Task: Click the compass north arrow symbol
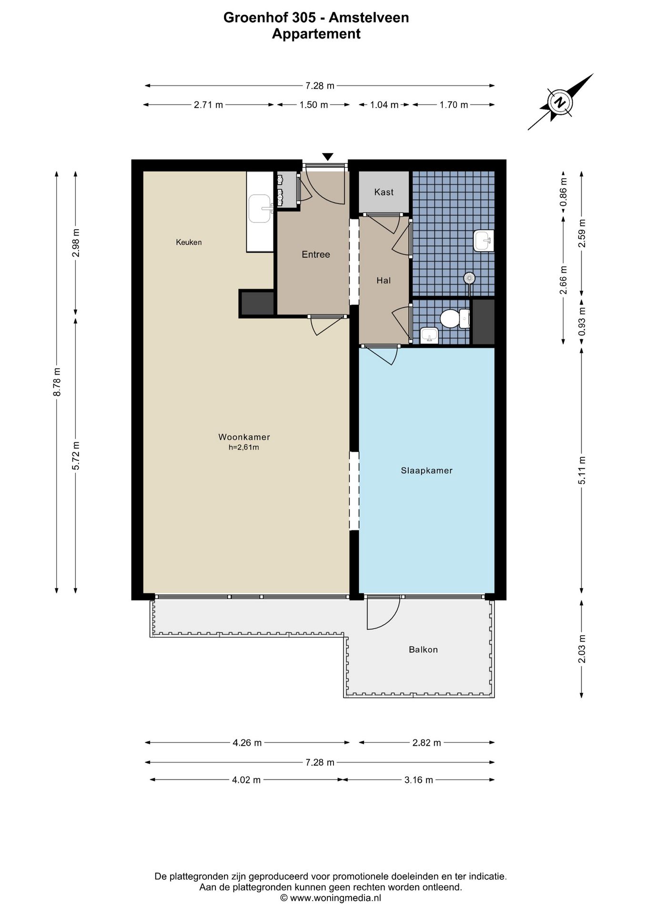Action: [x=561, y=102]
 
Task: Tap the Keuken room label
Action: [x=189, y=242]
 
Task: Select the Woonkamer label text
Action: [x=244, y=437]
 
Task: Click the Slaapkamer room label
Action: [x=426, y=471]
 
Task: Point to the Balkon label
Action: [x=423, y=650]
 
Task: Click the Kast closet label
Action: [x=384, y=192]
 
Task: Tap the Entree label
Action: [x=315, y=254]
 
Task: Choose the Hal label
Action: [x=384, y=281]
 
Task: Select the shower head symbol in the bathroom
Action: [x=469, y=278]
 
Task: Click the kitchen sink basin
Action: [x=260, y=209]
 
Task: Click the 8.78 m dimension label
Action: [x=57, y=381]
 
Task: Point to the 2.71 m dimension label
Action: [x=208, y=105]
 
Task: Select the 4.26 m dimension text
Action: [x=247, y=742]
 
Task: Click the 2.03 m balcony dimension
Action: [x=581, y=649]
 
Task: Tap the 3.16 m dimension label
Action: [x=418, y=780]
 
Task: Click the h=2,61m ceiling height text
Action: [x=243, y=447]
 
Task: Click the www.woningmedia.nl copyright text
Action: [x=330, y=898]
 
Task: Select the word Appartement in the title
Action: [x=316, y=34]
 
